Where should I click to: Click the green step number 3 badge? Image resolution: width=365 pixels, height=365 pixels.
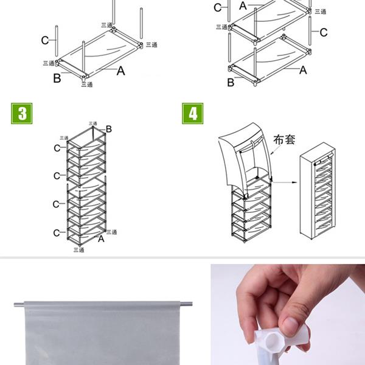[x=22, y=114]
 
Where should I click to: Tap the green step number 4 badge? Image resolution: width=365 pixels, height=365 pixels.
[x=193, y=114]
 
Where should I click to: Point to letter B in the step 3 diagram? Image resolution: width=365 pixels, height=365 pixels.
[x=109, y=128]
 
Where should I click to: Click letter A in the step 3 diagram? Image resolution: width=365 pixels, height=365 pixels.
[x=101, y=239]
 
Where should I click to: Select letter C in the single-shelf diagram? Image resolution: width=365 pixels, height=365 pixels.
[x=45, y=40]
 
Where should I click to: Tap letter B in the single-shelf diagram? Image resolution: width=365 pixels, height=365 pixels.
[x=57, y=78]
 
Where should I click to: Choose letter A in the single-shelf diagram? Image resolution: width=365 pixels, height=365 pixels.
[x=120, y=71]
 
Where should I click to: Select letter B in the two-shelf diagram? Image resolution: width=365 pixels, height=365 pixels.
[x=231, y=82]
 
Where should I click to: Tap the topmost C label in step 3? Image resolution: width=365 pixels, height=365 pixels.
[x=57, y=148]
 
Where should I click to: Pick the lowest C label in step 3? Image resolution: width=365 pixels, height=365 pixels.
[x=57, y=233]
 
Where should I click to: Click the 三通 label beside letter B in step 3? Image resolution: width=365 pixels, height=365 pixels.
[x=93, y=123]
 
